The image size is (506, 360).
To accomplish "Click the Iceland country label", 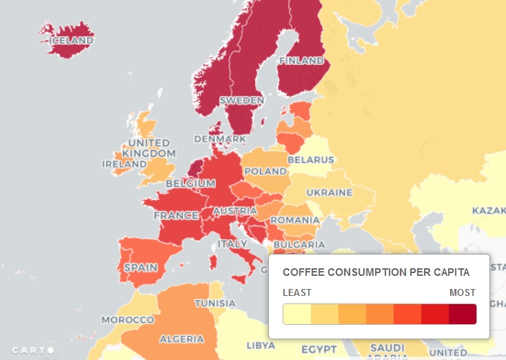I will (x=71, y=41).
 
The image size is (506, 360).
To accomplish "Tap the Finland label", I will (x=301, y=61).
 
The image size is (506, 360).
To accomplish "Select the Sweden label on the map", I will (x=242, y=101).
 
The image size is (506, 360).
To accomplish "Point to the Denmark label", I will (x=220, y=139).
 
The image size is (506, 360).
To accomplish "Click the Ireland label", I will (x=124, y=164).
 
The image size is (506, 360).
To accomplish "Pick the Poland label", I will (x=265, y=171).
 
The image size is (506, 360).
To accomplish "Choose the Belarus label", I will (x=310, y=160).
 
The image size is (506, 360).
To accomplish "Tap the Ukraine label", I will (x=330, y=192).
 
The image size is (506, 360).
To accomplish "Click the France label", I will (x=176, y=215).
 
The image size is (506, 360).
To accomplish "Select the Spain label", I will (x=140, y=267).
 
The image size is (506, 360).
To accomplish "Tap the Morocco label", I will (x=128, y=320).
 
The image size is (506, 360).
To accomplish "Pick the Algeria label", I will (x=181, y=339).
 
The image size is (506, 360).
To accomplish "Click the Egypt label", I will (x=318, y=348).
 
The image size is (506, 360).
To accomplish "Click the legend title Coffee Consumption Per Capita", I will (x=376, y=272).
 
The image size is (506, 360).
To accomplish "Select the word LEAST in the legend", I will (x=297, y=292).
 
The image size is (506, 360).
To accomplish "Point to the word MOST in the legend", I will (x=462, y=292).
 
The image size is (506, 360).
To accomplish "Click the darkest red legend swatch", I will (x=462, y=314).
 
